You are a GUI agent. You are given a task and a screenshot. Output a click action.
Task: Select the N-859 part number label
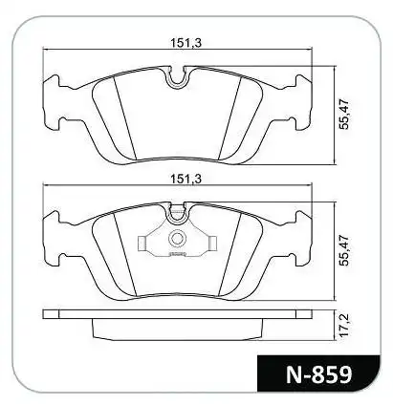[316, 373]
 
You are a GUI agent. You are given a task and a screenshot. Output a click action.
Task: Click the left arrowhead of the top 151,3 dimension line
[48, 53]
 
